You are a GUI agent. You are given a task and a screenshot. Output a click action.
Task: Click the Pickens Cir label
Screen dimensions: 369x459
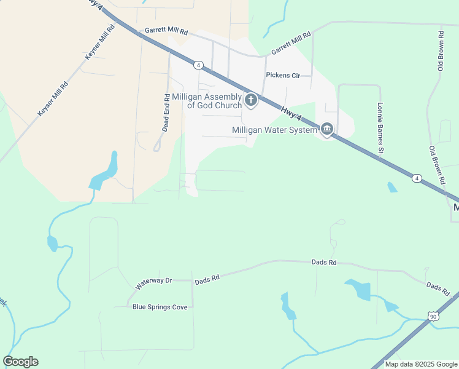[x=282, y=76]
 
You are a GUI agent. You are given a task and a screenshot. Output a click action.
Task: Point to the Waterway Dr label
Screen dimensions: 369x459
[x=154, y=284]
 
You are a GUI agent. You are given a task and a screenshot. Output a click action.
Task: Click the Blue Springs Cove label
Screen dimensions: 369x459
[x=160, y=307]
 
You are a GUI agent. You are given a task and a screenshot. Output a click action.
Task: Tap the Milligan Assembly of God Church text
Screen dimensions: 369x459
[x=207, y=101]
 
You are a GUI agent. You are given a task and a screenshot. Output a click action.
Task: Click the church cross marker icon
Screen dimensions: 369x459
[x=250, y=100]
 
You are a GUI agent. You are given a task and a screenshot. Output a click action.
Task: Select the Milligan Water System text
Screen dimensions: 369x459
[x=274, y=130]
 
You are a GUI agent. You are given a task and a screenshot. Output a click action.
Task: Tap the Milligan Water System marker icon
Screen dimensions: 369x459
[x=327, y=129]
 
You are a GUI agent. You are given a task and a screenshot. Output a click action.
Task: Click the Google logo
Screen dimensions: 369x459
[x=20, y=362]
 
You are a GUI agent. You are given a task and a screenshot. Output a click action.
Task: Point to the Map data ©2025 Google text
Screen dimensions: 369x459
[x=421, y=364]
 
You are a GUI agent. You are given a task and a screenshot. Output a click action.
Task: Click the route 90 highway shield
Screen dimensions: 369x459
[x=433, y=316]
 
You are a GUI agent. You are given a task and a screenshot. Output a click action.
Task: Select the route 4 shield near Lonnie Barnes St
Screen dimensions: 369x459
[x=417, y=178]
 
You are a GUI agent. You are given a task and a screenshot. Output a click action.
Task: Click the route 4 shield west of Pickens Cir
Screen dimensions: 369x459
[x=198, y=65]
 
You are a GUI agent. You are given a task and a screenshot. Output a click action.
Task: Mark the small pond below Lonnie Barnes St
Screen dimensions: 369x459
[x=391, y=187]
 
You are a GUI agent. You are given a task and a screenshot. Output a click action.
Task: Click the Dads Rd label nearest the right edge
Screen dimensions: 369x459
[x=438, y=287]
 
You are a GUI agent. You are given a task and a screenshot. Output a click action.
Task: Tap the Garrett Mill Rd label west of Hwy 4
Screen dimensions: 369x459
[x=166, y=30]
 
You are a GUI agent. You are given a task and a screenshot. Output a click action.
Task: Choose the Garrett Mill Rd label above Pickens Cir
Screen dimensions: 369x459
[x=291, y=42]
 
